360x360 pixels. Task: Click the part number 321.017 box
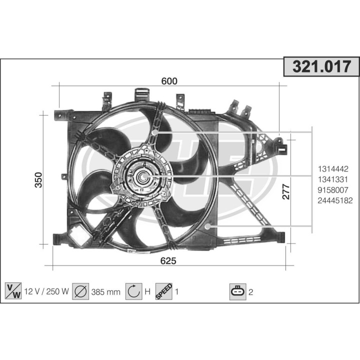click(x=321, y=66)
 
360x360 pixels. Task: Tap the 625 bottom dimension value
click(x=168, y=261)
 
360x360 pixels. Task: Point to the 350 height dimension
click(x=38, y=180)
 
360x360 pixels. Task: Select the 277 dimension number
click(x=286, y=192)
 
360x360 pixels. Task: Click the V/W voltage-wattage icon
click(x=13, y=290)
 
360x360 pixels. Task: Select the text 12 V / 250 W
click(x=45, y=291)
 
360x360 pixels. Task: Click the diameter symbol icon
click(x=80, y=290)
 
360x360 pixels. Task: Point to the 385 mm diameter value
click(x=105, y=291)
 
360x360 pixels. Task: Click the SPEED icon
click(x=164, y=290)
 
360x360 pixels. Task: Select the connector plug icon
click(x=238, y=290)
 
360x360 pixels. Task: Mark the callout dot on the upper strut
click(x=155, y=132)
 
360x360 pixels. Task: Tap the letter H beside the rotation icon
click(x=148, y=291)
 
